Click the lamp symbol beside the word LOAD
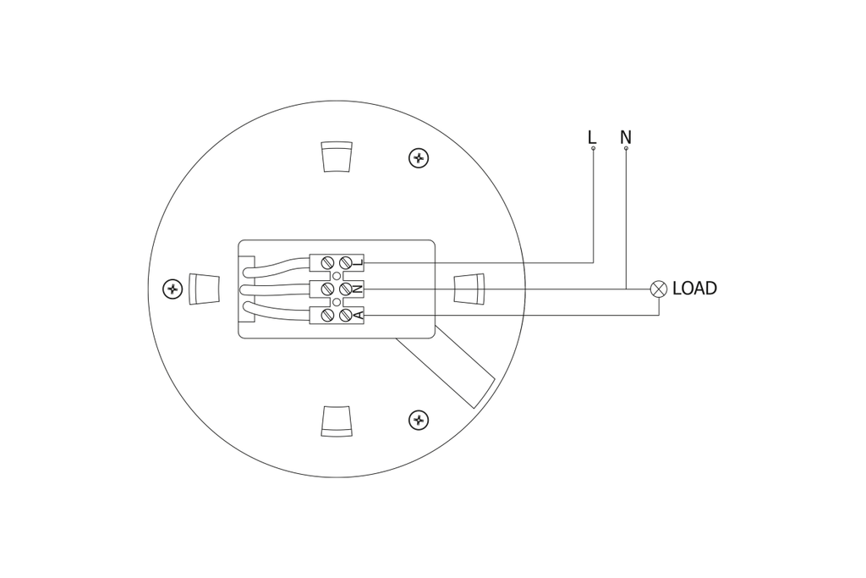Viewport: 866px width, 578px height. pos(659,289)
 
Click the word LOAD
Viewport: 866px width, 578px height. pos(694,289)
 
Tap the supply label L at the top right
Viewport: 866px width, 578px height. pos(592,136)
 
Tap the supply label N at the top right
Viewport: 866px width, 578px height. pos(626,136)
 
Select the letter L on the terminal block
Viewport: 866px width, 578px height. pos(359,262)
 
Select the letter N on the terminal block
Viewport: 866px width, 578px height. pos(359,289)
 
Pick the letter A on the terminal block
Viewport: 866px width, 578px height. pos(359,316)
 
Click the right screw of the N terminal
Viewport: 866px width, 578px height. pos(345,289)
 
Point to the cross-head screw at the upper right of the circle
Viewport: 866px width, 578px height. pos(418,157)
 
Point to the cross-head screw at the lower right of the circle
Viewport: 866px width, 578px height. pos(418,420)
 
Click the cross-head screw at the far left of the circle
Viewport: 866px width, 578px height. pos(173,289)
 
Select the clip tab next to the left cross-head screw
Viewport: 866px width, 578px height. pos(204,289)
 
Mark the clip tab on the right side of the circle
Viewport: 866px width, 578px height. pos(470,289)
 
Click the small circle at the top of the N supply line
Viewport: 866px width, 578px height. pos(626,149)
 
